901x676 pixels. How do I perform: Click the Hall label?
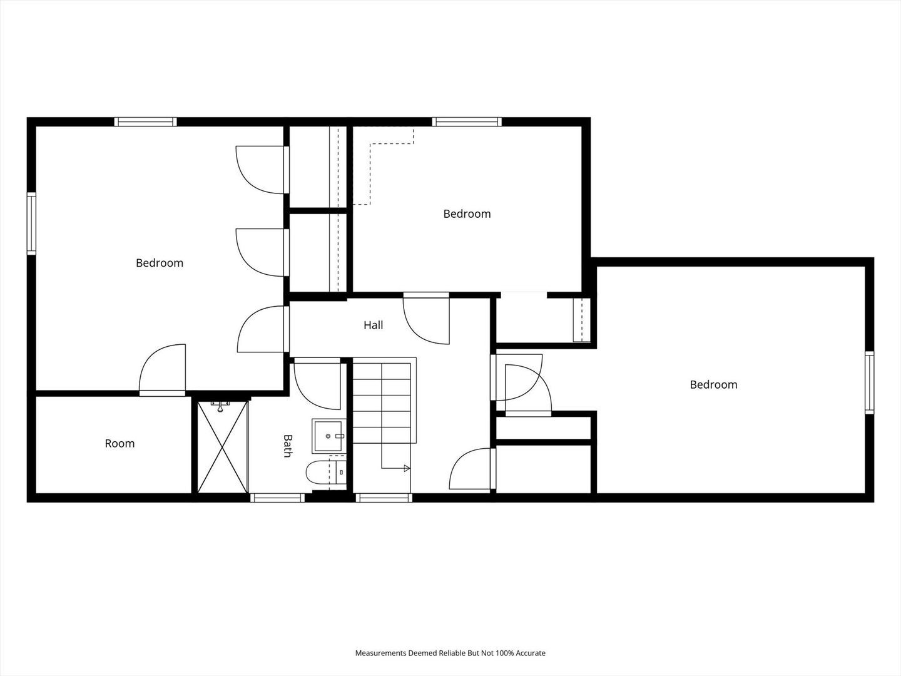pos(373,325)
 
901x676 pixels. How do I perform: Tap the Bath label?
pos(288,446)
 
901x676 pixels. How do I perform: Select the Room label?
pos(120,443)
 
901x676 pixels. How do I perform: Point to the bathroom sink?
pos(328,436)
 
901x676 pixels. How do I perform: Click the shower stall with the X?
pos(223,447)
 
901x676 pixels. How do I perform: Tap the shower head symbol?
pos(220,407)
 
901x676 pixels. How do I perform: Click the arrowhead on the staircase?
pos(407,468)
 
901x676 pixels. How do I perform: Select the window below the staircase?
pos(384,498)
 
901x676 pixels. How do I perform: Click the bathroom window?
pos(277,498)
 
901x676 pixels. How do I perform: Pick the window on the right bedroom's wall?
pos(869,382)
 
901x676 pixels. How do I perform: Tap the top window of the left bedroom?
pos(145,121)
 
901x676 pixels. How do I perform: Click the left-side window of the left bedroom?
pos(31,223)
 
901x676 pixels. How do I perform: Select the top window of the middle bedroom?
pos(467,121)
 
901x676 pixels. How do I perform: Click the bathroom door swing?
pos(317,384)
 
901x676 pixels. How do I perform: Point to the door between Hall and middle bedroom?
pos(426,318)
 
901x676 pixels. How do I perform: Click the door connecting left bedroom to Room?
pos(163,370)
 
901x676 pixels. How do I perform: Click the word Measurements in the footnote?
pos(380,653)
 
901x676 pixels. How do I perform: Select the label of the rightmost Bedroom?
pos(713,384)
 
